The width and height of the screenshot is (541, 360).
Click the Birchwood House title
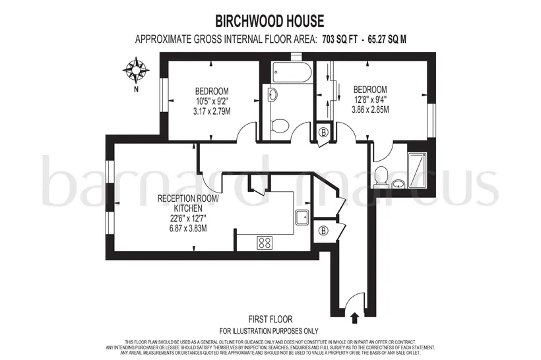tap(269, 21)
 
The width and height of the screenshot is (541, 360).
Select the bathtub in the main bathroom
tap(291, 72)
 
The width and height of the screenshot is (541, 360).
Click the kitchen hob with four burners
tap(265, 242)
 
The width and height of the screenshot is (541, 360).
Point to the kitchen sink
tap(302, 217)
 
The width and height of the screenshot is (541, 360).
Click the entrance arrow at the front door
tap(354, 318)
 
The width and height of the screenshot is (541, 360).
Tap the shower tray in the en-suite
tap(417, 167)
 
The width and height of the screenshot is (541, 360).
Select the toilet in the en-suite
tap(381, 175)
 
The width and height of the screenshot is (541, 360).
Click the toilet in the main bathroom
tap(280, 125)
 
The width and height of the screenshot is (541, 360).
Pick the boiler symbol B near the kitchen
tap(323, 231)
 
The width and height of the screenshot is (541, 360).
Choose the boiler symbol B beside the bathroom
tap(323, 132)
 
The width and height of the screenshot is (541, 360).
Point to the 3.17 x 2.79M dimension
tap(212, 111)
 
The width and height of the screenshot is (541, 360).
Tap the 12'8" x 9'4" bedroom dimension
tap(370, 100)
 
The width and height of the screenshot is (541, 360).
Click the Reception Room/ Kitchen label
tap(188, 204)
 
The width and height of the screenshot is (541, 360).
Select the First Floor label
tap(270, 319)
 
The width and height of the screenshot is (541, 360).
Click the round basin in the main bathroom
tap(273, 94)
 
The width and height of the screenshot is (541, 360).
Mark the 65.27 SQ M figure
tap(387, 40)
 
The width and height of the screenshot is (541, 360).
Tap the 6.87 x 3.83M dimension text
tap(188, 228)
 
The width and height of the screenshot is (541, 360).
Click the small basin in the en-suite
tap(399, 184)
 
